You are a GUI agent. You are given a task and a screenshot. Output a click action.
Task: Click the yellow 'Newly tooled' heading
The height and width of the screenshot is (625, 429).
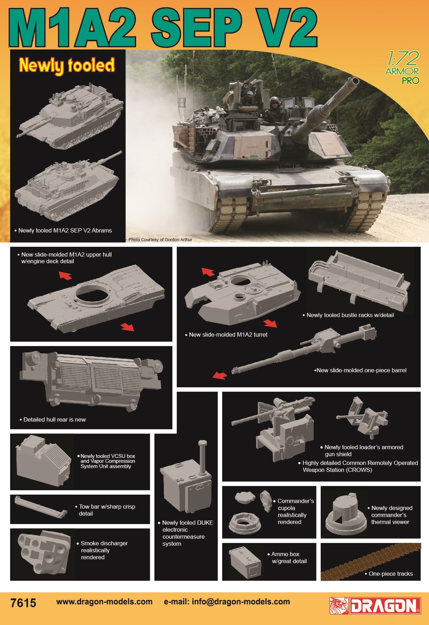[67, 66]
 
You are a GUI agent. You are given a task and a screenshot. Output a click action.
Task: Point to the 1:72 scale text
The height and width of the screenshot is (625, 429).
[402, 59]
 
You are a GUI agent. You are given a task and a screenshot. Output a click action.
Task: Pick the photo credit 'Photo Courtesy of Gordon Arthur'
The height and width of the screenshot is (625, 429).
[160, 240]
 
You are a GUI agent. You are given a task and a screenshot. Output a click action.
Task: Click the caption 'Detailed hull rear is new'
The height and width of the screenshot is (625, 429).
[54, 419]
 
